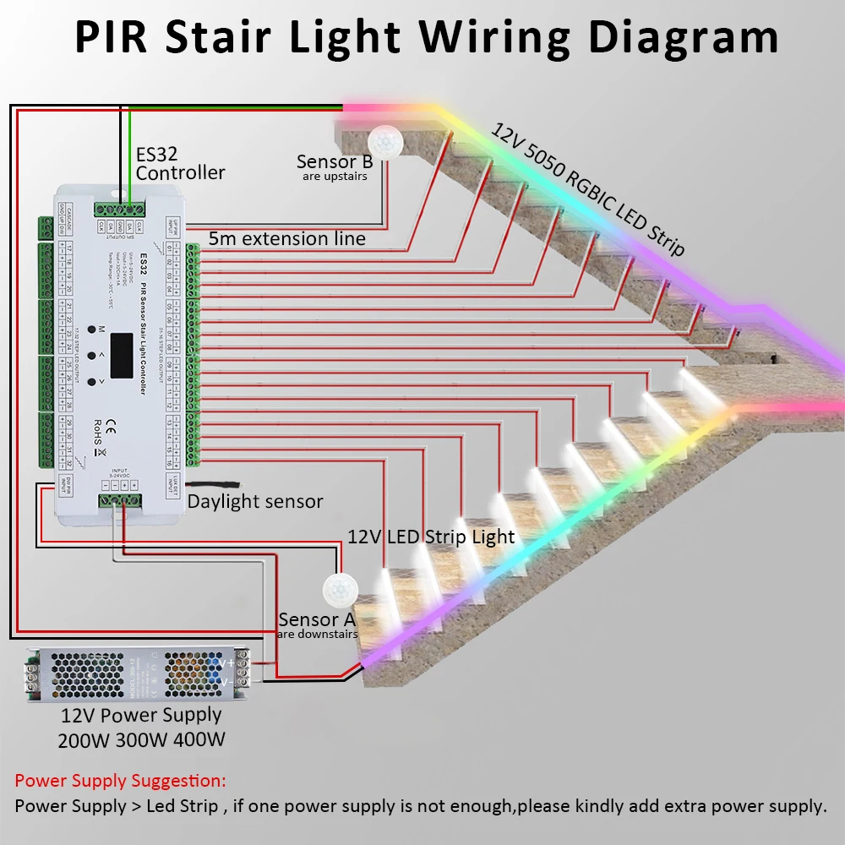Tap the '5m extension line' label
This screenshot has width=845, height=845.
287,239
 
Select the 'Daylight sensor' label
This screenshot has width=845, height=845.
255,501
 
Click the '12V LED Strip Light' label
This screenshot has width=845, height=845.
431,537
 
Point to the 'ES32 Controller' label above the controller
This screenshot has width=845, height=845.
180,164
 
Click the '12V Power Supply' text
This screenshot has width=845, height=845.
141,715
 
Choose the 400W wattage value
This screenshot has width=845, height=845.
199,741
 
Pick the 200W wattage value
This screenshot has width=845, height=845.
84,741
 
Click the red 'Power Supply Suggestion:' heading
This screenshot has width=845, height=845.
121,780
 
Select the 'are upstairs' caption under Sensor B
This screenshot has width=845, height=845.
335,177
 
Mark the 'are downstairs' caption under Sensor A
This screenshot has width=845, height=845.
318,635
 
